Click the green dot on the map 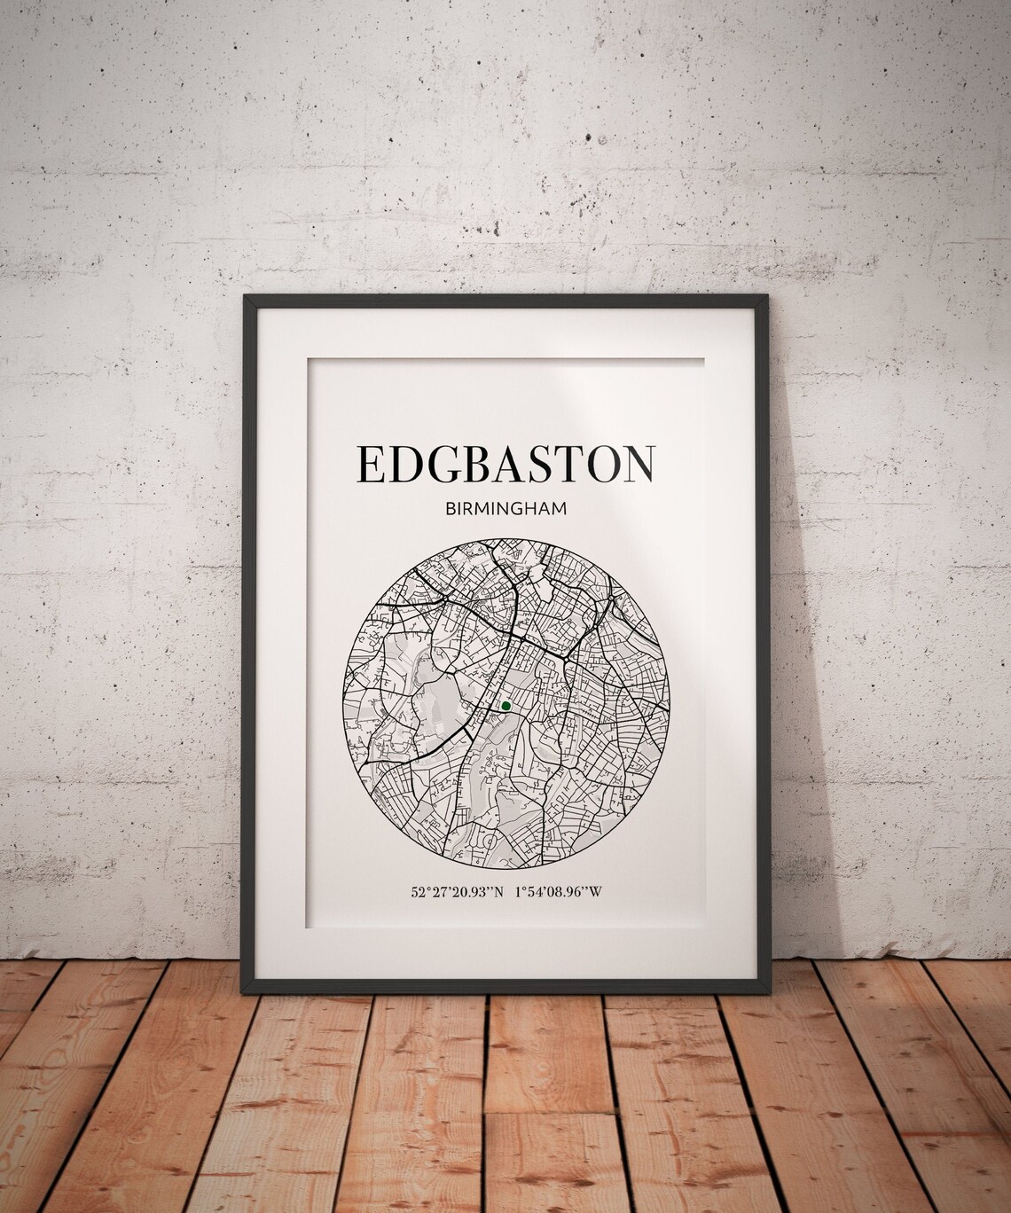point(505,706)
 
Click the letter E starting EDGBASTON point(371,464)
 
